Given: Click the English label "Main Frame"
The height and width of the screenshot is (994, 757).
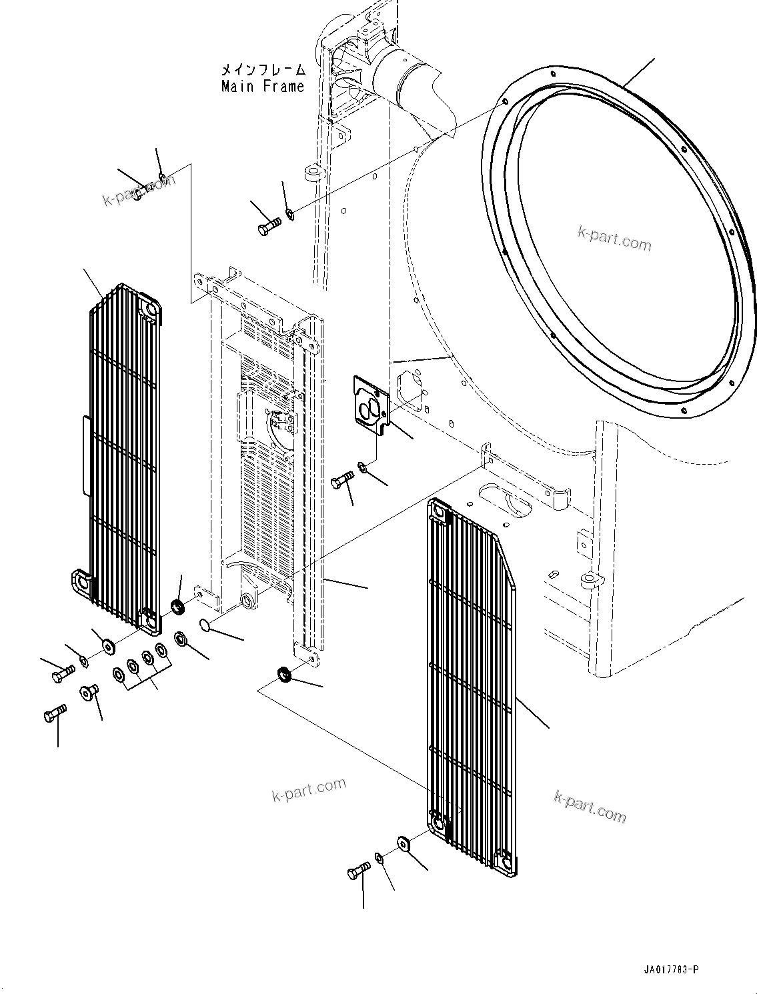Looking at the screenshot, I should (263, 86).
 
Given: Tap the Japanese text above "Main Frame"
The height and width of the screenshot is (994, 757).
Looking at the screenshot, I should (263, 69).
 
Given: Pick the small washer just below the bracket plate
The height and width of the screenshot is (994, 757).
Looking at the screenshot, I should (362, 466).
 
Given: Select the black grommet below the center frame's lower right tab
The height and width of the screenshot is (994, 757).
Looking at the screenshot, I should (284, 674).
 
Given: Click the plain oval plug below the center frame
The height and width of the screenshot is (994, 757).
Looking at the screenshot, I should (205, 625).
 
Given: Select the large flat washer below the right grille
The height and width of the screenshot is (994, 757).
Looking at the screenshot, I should (404, 843).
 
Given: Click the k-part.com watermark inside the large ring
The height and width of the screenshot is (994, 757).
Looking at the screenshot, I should (614, 239).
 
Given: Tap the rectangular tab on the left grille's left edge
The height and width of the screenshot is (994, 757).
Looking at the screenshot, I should (85, 456).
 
